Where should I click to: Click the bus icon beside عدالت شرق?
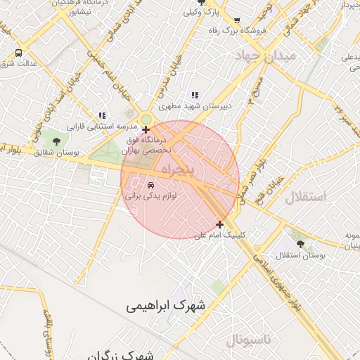pos(18,53)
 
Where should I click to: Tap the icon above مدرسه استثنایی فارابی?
pos(103,115)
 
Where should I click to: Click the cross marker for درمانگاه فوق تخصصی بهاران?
pos(146,129)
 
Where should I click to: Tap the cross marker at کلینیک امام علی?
pos(220,225)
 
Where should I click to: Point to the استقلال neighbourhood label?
pos(307,196)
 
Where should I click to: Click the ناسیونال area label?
pos(253,341)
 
